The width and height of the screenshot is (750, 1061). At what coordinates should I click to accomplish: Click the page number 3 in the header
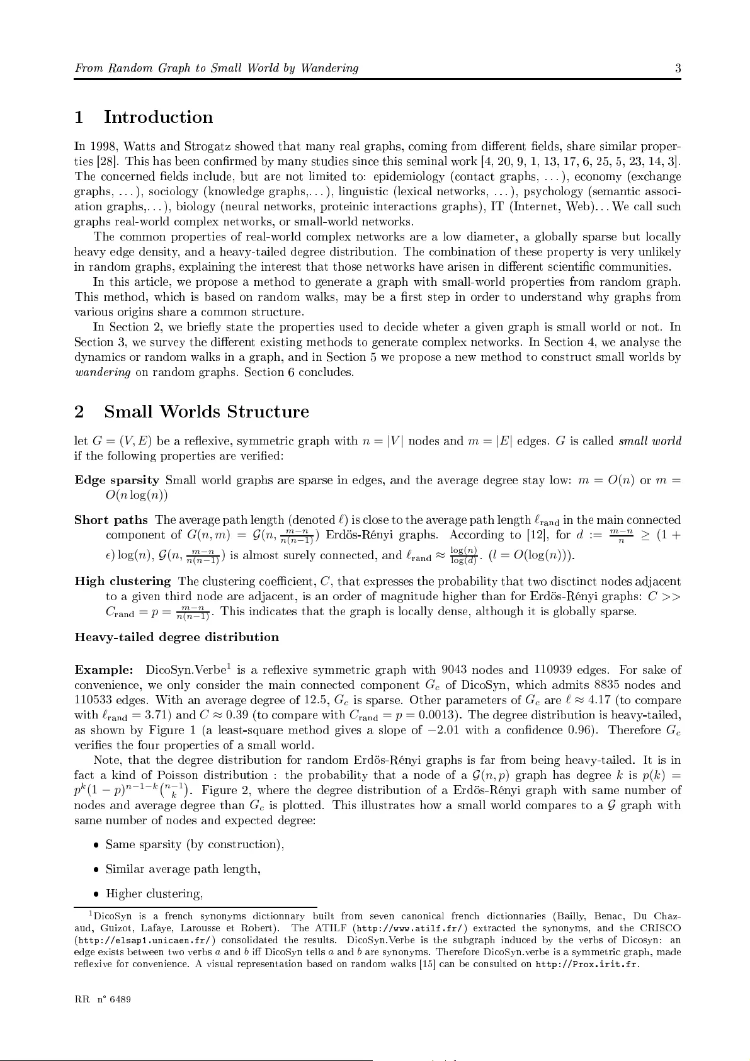coord(678,69)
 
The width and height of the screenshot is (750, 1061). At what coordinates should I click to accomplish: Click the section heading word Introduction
coord(158,118)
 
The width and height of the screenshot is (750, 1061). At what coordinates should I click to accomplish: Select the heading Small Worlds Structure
coord(206,412)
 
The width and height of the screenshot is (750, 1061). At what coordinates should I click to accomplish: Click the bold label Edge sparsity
coord(116,480)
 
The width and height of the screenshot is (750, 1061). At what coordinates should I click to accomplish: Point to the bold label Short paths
coord(111,520)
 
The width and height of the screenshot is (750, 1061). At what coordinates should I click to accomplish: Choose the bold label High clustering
coord(123,581)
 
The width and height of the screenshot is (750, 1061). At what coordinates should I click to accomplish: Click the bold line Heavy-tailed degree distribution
coord(176,637)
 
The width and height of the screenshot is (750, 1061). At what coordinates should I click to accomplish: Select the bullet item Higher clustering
coord(154,894)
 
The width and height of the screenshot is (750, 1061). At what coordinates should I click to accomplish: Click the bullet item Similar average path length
coord(183,870)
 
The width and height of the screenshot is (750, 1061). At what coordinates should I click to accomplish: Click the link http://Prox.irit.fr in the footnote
coord(587,964)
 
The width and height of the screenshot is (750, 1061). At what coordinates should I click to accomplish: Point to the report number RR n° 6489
coord(103,1000)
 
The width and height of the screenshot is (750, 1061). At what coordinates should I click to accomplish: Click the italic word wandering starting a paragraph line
coord(103,372)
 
